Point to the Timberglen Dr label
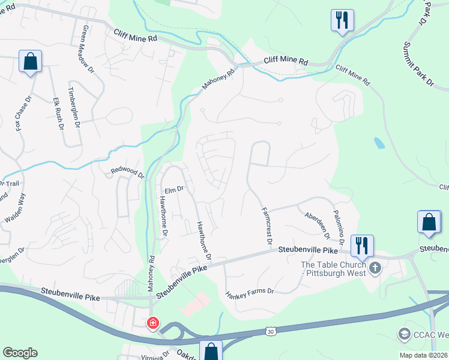(74, 107)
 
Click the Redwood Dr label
(128, 173)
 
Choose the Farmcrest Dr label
(267, 226)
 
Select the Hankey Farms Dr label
(250, 293)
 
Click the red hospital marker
(153, 323)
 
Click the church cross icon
(375, 268)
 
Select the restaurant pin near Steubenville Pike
(362, 245)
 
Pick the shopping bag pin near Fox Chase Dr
(30, 61)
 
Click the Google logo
(20, 352)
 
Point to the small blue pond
(379, 143)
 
